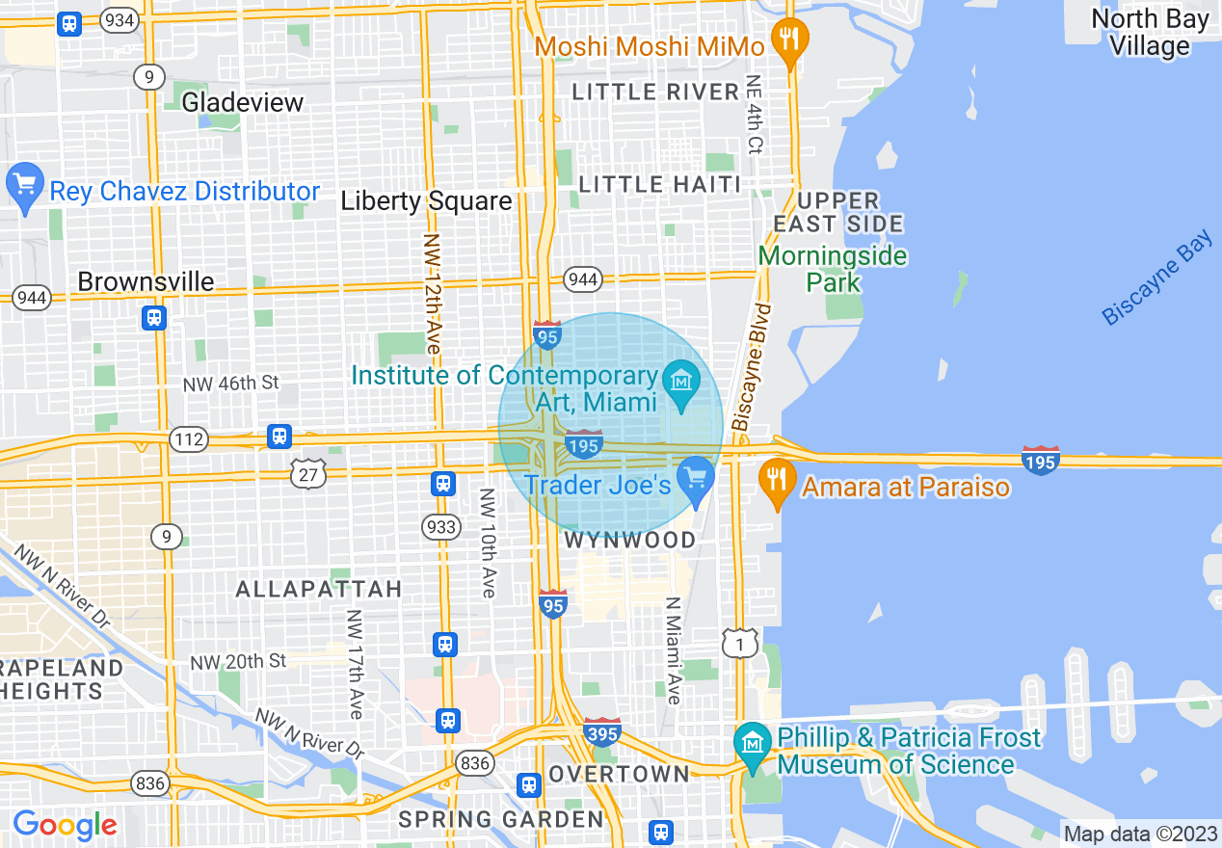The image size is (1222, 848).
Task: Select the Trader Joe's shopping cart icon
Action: pyautogui.click(x=694, y=477)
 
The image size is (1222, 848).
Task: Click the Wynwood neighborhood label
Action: pyautogui.click(x=629, y=541)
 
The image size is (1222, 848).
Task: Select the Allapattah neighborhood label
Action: pyautogui.click(x=318, y=589)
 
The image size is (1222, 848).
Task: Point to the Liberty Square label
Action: pyautogui.click(x=426, y=201)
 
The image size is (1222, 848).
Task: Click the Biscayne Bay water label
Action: pyautogui.click(x=1156, y=278)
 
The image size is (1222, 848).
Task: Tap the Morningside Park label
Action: pyautogui.click(x=833, y=269)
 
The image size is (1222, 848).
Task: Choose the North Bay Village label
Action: pyautogui.click(x=1150, y=32)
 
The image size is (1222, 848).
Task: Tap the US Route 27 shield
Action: pyautogui.click(x=308, y=473)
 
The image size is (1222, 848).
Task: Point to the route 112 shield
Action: pyautogui.click(x=188, y=440)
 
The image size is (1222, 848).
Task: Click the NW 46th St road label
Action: pyautogui.click(x=230, y=383)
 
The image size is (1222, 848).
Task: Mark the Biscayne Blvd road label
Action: pyautogui.click(x=753, y=366)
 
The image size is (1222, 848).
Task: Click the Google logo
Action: pyautogui.click(x=65, y=825)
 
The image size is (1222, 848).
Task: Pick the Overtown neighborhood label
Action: pyautogui.click(x=619, y=774)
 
